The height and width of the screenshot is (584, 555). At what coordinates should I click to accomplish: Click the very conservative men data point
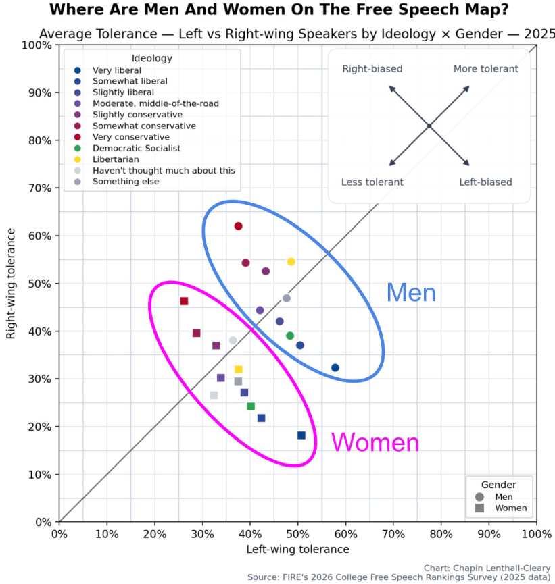tap(238, 226)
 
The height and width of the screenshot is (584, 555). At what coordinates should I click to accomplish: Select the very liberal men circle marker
tap(335, 367)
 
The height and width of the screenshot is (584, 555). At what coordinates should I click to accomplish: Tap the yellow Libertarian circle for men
tap(291, 261)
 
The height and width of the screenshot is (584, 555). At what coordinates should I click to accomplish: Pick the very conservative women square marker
tap(184, 301)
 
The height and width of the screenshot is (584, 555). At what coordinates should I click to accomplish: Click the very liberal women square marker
tap(301, 435)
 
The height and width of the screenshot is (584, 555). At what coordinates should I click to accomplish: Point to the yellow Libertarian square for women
tap(239, 369)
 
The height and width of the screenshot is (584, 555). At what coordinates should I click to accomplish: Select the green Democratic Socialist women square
tap(251, 406)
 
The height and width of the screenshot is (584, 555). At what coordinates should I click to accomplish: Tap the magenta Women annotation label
tap(375, 443)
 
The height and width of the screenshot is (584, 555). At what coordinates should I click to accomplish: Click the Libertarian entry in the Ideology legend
tap(116, 159)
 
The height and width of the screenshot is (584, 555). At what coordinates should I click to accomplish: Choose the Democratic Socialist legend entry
tap(137, 148)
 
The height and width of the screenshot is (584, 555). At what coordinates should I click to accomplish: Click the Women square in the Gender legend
tap(480, 508)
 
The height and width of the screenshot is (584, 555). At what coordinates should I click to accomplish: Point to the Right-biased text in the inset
tap(372, 69)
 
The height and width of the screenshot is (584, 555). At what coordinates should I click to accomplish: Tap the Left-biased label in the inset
tap(485, 182)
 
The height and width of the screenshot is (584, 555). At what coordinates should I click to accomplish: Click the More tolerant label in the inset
tap(485, 69)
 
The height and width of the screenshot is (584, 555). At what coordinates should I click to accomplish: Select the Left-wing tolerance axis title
tap(297, 549)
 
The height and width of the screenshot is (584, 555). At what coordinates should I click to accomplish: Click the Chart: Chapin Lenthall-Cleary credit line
tap(487, 568)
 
